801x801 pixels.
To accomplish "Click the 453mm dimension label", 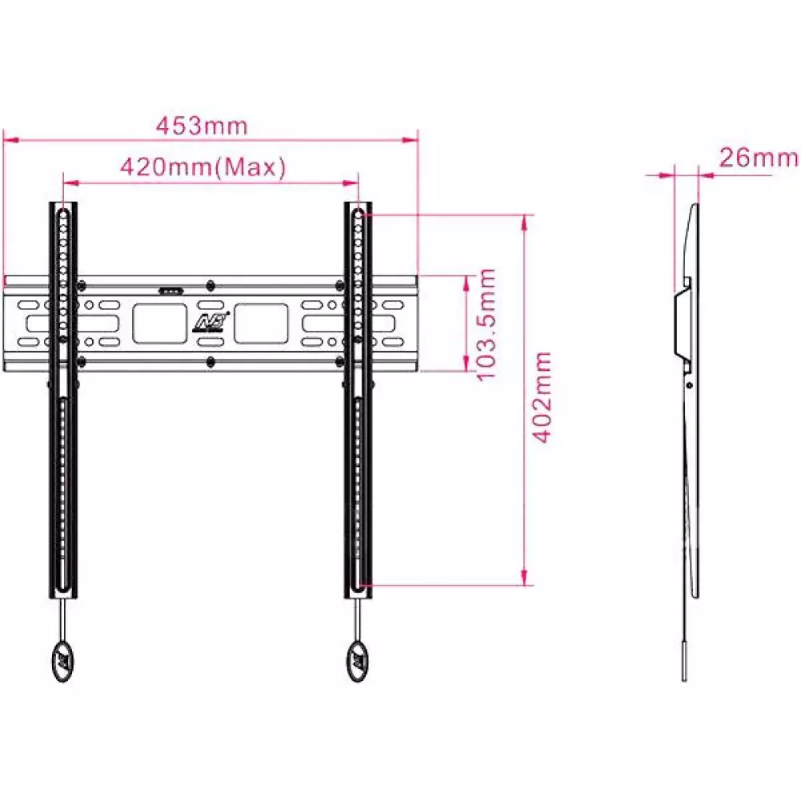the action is [x=202, y=127].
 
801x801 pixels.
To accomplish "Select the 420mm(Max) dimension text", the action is [x=203, y=167].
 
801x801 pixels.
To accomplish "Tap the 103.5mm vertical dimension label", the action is [x=487, y=324].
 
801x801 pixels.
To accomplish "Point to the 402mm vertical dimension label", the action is [x=542, y=397].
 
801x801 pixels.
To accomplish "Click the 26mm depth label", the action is [x=758, y=157].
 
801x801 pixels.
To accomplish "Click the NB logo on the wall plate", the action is [x=211, y=322].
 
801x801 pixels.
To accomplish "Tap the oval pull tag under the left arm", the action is [x=62, y=661].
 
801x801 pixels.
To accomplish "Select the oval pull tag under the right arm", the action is [x=357, y=661].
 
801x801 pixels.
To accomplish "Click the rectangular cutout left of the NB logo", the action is [x=160, y=324].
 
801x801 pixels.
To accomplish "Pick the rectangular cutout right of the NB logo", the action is [x=261, y=324].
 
